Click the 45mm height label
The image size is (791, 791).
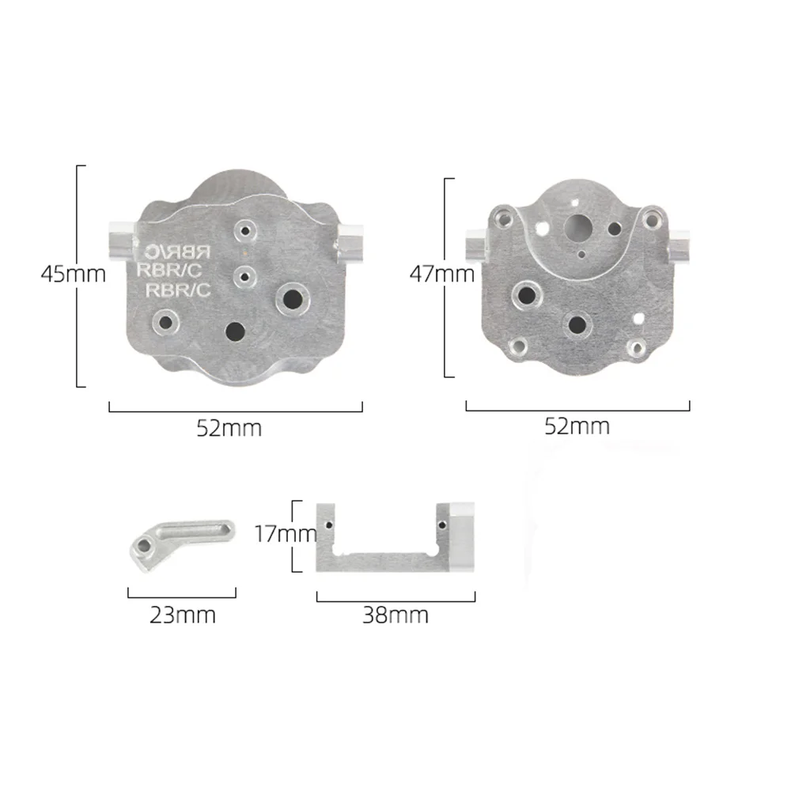coord(74,274)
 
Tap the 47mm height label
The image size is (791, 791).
coord(441,274)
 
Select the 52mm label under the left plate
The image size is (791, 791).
coord(229,429)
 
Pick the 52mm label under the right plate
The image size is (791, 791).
coord(577,426)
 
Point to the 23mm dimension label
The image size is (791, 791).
coord(182,615)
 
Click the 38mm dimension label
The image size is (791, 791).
coord(395,615)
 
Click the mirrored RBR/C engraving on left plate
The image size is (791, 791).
coord(178,252)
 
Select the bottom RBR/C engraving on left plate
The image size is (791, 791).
coord(180,290)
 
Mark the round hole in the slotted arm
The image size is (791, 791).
coord(144,545)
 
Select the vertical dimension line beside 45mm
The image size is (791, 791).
coord(78,276)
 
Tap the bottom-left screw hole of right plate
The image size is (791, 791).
coord(518,346)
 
